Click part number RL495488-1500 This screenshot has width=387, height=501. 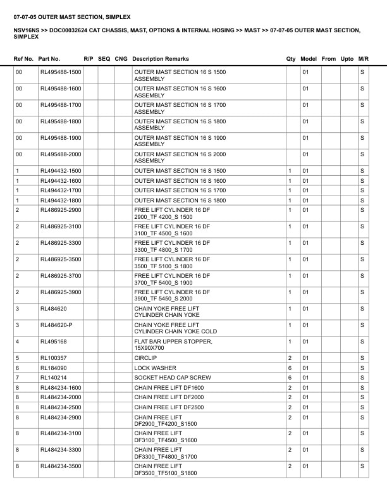(x=61, y=73)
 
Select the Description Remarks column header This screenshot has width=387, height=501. (x=161, y=59)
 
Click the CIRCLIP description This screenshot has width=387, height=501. (x=145, y=358)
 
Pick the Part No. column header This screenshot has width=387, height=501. (x=49, y=59)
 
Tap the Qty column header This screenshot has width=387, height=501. (x=291, y=59)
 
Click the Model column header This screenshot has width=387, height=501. (x=309, y=59)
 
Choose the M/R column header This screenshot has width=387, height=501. (x=363, y=59)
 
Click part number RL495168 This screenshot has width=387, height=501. (x=53, y=342)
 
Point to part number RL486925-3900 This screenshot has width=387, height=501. (x=61, y=292)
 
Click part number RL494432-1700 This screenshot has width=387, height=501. (x=61, y=190)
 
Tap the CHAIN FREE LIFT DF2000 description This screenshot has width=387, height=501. (x=169, y=397)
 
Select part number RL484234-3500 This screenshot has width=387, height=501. (x=61, y=466)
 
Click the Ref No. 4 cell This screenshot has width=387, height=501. (x=18, y=342)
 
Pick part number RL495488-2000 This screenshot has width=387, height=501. (x=61, y=154)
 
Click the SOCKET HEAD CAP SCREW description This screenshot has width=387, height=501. (x=173, y=378)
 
